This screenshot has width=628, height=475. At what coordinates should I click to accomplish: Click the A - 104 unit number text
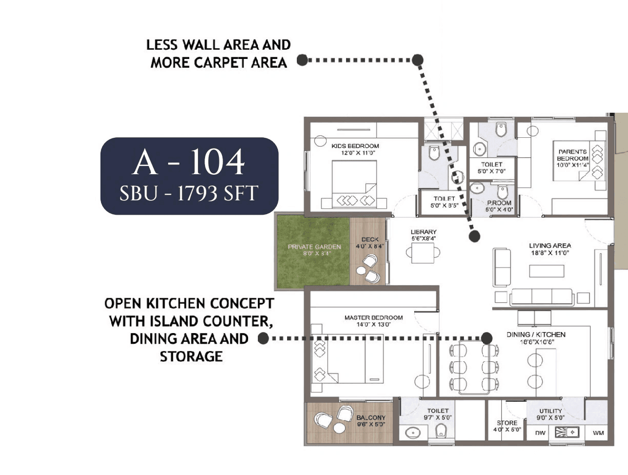coord(189,163)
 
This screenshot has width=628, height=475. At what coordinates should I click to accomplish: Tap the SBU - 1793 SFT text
coord(189,194)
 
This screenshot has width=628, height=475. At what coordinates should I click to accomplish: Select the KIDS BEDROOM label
coord(355,146)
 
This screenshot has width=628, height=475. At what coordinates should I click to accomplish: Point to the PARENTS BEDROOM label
coord(573,155)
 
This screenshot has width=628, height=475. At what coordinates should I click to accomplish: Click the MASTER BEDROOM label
coord(373,318)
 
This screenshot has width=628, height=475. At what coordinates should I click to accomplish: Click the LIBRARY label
coord(423,232)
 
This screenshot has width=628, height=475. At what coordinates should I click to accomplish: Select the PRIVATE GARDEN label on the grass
coord(314,247)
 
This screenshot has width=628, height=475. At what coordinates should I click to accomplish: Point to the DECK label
coord(370,239)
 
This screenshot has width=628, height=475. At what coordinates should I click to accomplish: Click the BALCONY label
coord(371,418)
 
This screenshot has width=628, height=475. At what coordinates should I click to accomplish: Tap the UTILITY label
coord(551,411)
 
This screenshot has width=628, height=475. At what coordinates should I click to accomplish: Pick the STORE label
coord(507,423)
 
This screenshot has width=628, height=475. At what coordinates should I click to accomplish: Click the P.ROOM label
coord(499,203)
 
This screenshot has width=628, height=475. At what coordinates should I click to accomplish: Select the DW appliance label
coord(540,433)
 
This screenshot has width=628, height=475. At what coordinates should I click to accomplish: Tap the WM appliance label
coord(598,433)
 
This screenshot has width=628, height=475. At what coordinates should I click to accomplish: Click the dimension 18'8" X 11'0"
coord(550,253)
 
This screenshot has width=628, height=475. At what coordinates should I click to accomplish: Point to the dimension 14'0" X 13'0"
coord(373,324)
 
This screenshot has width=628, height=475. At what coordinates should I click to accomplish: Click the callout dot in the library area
coord(475,236)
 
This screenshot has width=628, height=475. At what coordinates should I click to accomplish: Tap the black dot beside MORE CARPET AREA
coord(302,60)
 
